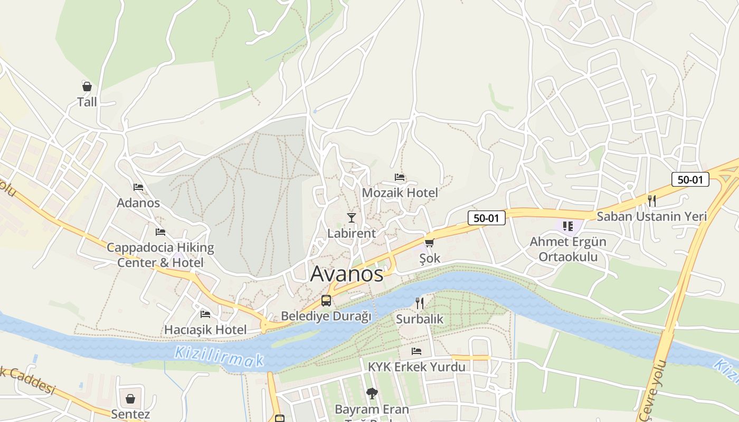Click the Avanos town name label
pos(347,274)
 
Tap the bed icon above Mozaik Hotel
pos(400,177)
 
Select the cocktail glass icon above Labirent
pos(352,217)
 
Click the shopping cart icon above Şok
pos(429,243)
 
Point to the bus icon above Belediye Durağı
pos(326,301)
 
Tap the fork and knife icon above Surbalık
pos(420,303)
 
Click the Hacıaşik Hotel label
pos(205,330)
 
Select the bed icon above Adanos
pos(138,187)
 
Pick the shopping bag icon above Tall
pos(87,86)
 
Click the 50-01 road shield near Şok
pos(486,218)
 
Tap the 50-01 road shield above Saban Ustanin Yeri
pos(690,179)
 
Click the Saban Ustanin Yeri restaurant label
pos(651,216)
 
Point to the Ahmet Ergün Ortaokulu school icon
pos(568,226)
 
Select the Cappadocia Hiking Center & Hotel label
pos(160,255)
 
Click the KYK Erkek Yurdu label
pos(416,367)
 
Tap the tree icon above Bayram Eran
pos(372,393)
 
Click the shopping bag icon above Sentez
pos(130,398)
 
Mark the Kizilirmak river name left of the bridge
pos(219,357)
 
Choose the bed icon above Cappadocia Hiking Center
pos(160,232)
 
